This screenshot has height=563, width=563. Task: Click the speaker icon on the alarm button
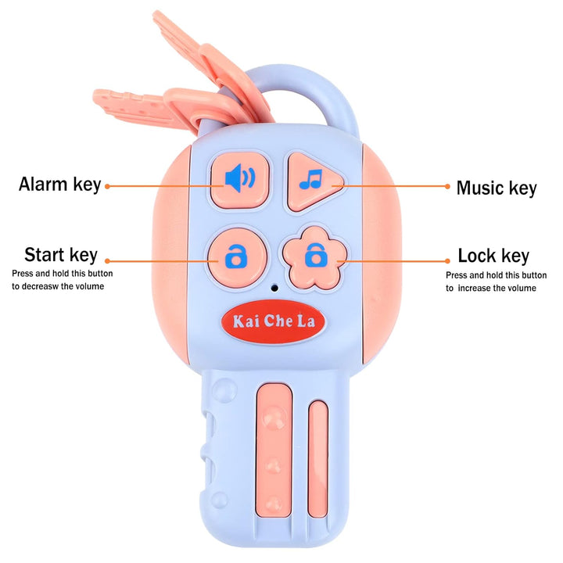coord(240,178)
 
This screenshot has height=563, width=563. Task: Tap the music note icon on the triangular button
coord(310,179)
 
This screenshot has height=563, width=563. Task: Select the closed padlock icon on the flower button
coord(316,255)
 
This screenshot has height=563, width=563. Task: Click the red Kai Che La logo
coord(273,321)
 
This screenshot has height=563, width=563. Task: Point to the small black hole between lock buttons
coord(274,288)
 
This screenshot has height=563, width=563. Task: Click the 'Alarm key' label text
coord(60,185)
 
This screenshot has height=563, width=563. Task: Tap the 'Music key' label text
coord(497,188)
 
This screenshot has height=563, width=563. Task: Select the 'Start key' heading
coord(61,255)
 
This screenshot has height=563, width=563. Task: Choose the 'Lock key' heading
coord(493,256)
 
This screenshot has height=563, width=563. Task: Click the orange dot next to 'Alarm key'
coord(107,186)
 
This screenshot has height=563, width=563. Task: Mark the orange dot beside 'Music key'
coord(447,186)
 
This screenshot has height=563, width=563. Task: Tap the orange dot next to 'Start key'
coord(107,261)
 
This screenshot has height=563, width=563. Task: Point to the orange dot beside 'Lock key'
coord(447,261)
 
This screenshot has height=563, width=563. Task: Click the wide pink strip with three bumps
coord(274,450)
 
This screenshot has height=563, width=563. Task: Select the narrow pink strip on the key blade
coord(318,459)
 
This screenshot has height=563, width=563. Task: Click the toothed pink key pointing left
coord(144,109)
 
